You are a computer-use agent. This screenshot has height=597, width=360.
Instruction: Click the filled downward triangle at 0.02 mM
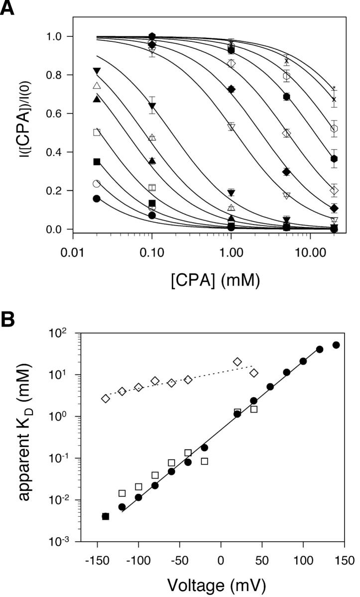[x=97, y=71]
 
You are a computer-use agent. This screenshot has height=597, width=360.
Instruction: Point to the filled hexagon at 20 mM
[x=335, y=159]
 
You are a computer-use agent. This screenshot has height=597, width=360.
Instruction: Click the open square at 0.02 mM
[x=97, y=132]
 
